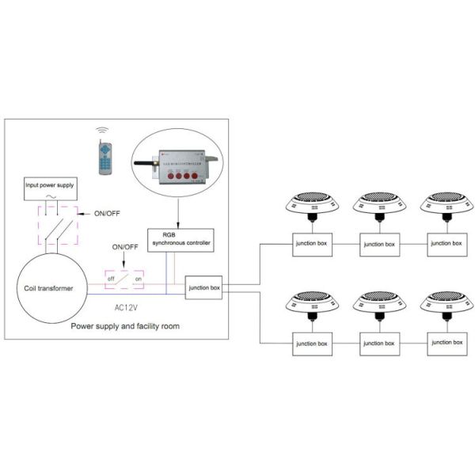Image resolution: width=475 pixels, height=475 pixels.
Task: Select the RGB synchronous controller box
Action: tap(180, 240)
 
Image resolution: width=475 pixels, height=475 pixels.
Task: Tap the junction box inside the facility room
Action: tap(205, 287)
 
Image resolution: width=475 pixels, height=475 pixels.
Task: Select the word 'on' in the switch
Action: tap(138, 279)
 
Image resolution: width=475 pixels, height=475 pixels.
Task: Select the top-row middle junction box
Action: tap(378, 244)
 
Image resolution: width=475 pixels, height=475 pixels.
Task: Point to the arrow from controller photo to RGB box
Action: tap(177, 212)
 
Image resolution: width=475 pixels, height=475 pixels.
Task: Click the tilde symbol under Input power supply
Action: tap(52, 199)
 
